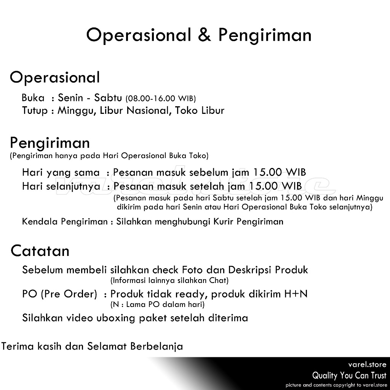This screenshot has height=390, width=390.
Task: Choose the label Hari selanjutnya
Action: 61,187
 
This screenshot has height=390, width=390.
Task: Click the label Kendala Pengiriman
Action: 65,222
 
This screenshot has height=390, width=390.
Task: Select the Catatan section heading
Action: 40,251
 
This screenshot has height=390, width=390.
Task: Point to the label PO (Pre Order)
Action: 59,294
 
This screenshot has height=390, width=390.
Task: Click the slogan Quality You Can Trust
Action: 349,376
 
